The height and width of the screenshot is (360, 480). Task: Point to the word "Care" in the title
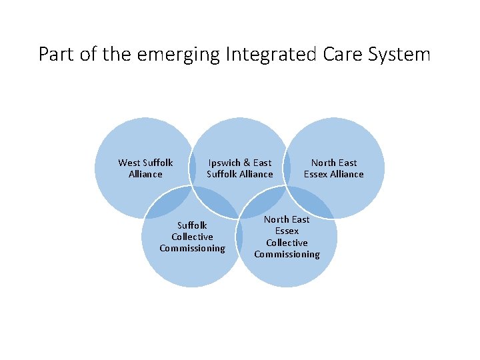[x=339, y=54]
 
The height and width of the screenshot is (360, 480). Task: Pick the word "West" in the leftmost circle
[x=129, y=163]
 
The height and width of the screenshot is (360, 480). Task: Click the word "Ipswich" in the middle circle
[x=225, y=163]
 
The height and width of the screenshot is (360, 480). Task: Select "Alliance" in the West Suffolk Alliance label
[x=145, y=174]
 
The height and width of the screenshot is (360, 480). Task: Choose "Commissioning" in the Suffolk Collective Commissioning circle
[x=192, y=248]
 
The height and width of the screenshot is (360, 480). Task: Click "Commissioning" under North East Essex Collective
[x=287, y=254]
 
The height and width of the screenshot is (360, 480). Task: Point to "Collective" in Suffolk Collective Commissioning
[x=192, y=237]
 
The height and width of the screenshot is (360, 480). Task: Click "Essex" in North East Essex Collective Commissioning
[x=287, y=231]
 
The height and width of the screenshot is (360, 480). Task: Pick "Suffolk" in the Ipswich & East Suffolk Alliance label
[x=223, y=174]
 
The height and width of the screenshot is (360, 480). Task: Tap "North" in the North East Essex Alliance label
[x=323, y=163]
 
